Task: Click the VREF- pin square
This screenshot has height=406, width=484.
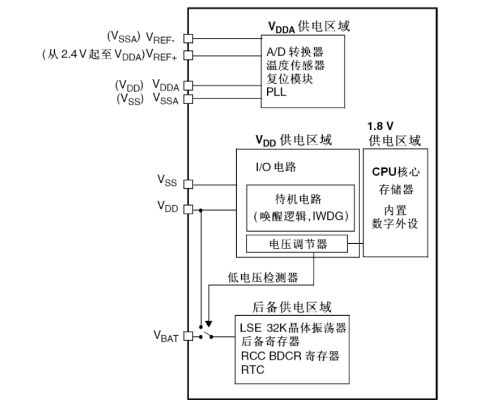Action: (x=188, y=39)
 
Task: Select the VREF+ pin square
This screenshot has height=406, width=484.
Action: (x=188, y=55)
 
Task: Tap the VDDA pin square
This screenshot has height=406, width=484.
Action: (x=188, y=85)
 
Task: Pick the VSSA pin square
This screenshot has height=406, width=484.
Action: (x=188, y=99)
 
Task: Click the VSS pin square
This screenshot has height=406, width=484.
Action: (x=188, y=184)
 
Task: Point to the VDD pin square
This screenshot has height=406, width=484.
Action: (x=188, y=209)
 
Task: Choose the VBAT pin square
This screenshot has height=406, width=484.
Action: (x=188, y=336)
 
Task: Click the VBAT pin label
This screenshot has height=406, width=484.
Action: (x=166, y=336)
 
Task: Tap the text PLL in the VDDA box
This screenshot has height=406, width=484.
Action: (x=276, y=92)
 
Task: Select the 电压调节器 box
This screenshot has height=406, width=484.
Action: (x=297, y=244)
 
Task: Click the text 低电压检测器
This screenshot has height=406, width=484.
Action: (x=263, y=277)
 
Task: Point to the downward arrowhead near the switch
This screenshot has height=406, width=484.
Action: (x=208, y=324)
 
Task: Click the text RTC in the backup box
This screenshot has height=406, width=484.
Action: (x=253, y=370)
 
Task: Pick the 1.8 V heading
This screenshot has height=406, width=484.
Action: (x=380, y=126)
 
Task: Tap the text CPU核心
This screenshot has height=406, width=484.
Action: (x=396, y=171)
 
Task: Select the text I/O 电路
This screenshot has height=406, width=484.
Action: (x=276, y=167)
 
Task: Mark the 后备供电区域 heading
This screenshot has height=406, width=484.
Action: (x=292, y=307)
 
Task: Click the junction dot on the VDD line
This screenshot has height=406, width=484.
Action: (x=201, y=210)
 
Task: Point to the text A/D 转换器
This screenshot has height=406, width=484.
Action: (x=295, y=51)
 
